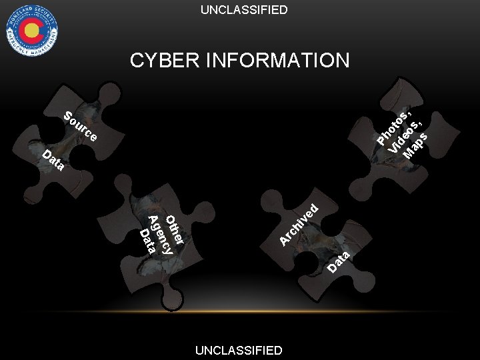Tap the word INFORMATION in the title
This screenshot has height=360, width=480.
pyautogui.click(x=279, y=61)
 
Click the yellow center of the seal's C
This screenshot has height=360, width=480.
pyautogui.click(x=31, y=30)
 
